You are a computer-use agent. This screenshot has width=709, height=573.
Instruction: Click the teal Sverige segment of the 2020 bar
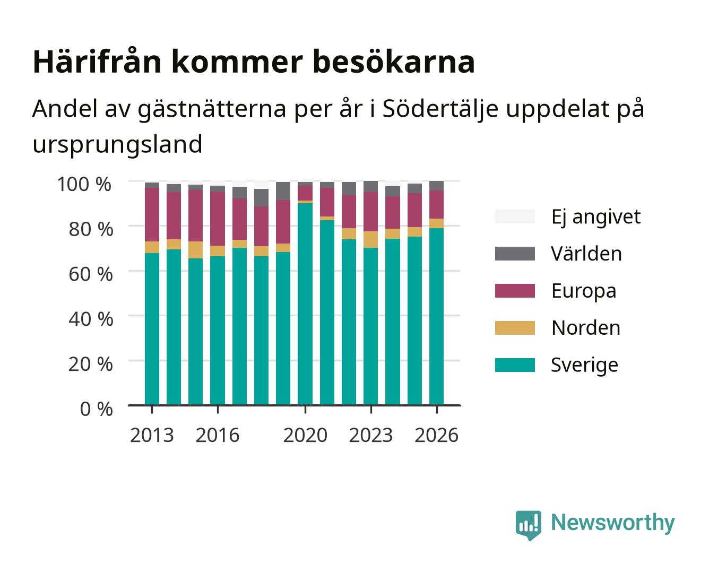pos(305,304)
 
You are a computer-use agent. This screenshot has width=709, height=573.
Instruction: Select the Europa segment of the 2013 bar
pos(152,215)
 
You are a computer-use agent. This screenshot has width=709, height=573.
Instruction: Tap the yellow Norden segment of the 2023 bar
pos(370,240)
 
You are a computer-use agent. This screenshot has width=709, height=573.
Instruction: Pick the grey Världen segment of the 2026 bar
pos(436,186)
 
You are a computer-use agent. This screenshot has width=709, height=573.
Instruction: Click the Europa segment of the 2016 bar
pos(218,219)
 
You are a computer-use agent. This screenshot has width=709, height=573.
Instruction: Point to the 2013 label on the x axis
pos(152,435)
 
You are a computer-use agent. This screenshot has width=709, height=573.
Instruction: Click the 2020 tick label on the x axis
pos(305,435)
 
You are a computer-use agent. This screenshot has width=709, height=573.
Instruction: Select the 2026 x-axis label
pos(436,435)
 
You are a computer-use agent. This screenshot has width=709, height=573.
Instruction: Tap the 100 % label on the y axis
pos(84,184)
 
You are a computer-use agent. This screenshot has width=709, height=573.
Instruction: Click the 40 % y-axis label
pos(91,319)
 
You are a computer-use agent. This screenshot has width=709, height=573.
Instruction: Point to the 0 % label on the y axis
pos(96,409)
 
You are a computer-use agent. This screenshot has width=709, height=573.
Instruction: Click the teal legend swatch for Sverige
pos(515,365)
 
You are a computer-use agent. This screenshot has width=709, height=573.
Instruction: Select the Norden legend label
pos(586,328)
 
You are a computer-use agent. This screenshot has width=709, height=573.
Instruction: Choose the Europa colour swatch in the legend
pos(515,291)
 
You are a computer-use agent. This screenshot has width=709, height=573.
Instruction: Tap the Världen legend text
pos(586,254)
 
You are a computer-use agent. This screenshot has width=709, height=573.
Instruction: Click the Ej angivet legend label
pos(596,218)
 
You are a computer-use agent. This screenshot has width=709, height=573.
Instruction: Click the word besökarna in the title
pos(394,62)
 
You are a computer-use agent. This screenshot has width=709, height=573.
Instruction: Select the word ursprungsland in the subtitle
pos(117,145)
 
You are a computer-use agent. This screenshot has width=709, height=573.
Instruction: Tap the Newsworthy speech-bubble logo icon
pos(528,525)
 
